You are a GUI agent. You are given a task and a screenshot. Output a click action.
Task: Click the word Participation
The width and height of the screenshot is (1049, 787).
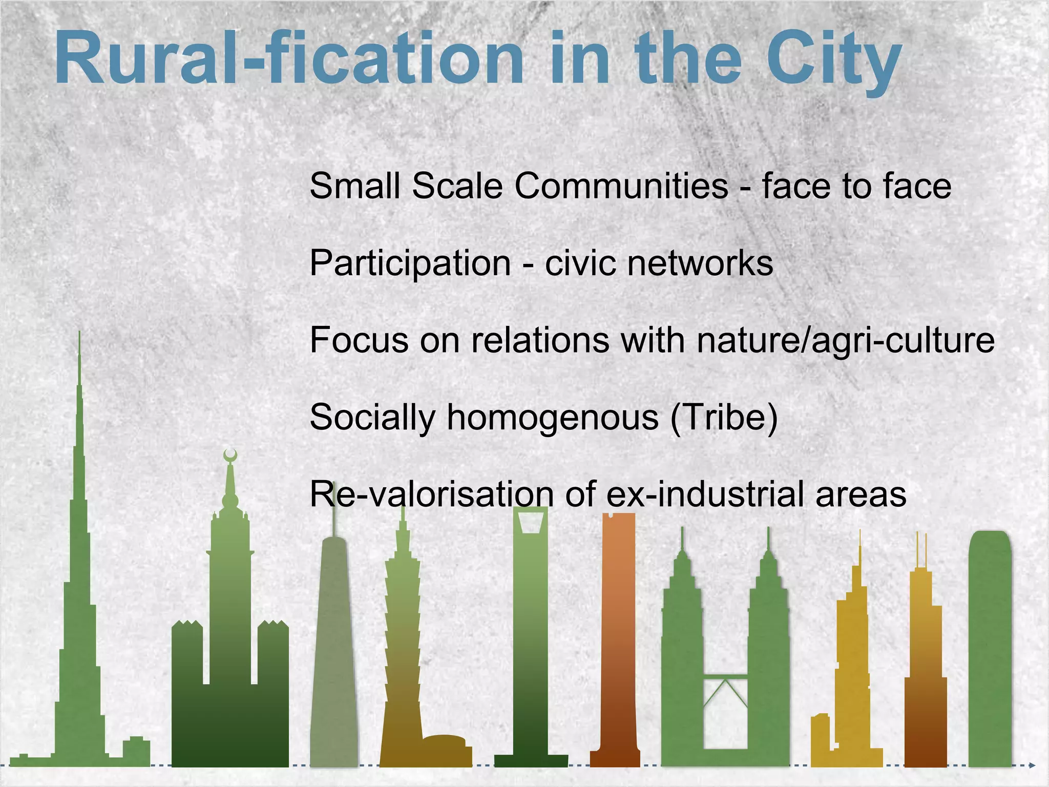(x=410, y=263)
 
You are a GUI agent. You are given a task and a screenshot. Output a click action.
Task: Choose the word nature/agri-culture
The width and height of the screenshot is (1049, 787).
(x=845, y=340)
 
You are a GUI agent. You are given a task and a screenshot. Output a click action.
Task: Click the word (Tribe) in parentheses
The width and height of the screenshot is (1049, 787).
(x=724, y=417)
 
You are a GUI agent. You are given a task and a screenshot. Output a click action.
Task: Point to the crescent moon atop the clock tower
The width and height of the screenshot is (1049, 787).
(x=230, y=454)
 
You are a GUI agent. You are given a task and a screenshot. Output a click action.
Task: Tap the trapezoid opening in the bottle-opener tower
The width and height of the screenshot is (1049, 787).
(x=530, y=522)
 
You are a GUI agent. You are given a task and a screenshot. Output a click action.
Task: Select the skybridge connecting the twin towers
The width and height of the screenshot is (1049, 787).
(x=725, y=679)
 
